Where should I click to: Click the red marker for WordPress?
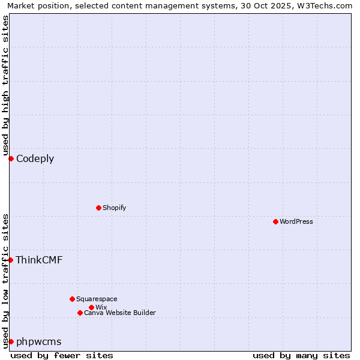(x=275, y=221)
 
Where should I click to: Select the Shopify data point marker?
(x=98, y=208)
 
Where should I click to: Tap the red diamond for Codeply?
(x=11, y=158)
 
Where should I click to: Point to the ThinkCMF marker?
(x=11, y=260)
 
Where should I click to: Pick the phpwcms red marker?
(x=11, y=341)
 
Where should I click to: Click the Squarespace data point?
(x=72, y=299)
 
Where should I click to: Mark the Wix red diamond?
(x=91, y=307)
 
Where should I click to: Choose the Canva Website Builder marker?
(x=80, y=313)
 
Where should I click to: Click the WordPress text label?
(x=296, y=221)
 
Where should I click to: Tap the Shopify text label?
(x=114, y=208)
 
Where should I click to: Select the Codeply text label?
(x=35, y=158)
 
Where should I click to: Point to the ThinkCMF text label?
(x=39, y=260)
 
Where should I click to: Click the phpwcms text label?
(x=38, y=341)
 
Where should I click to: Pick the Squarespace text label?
(x=97, y=299)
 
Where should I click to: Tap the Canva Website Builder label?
(x=119, y=313)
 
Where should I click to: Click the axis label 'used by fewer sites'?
(x=62, y=355)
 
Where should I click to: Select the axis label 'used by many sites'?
(x=301, y=355)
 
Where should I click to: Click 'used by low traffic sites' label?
(x=5, y=280)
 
